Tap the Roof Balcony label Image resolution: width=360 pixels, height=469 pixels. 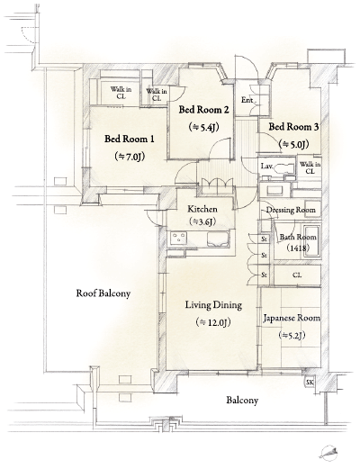(x=103, y=293)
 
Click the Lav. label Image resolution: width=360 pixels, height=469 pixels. (x=267, y=167)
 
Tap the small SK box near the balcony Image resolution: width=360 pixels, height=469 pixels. (x=310, y=383)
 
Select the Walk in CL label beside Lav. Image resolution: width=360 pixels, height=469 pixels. (x=309, y=167)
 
